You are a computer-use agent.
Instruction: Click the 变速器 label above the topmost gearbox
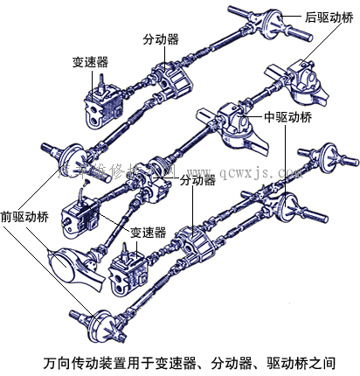coord(90,62)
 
